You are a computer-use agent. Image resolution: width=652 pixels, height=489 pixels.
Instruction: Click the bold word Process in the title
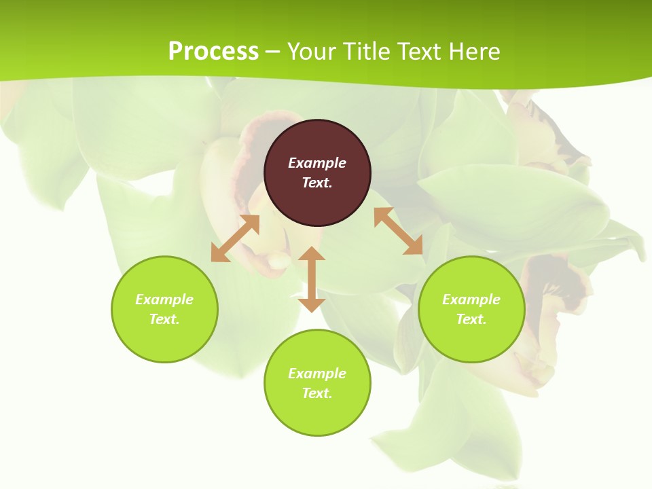pyautogui.click(x=213, y=52)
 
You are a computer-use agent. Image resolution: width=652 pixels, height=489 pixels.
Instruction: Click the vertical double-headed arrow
pyautogui.click(x=312, y=279)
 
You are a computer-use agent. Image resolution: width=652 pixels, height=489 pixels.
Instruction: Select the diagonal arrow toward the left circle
pyautogui.click(x=235, y=238)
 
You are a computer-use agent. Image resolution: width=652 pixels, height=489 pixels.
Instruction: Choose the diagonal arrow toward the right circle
pyautogui.click(x=398, y=231)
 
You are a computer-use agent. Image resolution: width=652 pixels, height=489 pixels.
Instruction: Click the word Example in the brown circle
pyautogui.click(x=317, y=163)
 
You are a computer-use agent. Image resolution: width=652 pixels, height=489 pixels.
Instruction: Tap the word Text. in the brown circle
pyautogui.click(x=317, y=183)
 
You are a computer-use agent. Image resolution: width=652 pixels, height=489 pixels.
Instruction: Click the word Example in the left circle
pyautogui.click(x=164, y=300)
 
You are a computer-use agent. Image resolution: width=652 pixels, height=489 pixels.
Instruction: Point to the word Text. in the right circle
pyautogui.click(x=471, y=319)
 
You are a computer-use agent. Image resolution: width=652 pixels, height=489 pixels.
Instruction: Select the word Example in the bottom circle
pyautogui.click(x=317, y=374)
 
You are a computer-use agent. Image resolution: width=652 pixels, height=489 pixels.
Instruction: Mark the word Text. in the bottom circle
pyautogui.click(x=317, y=393)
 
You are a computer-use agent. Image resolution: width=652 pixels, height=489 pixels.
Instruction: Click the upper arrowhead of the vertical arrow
pyautogui.click(x=312, y=253)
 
